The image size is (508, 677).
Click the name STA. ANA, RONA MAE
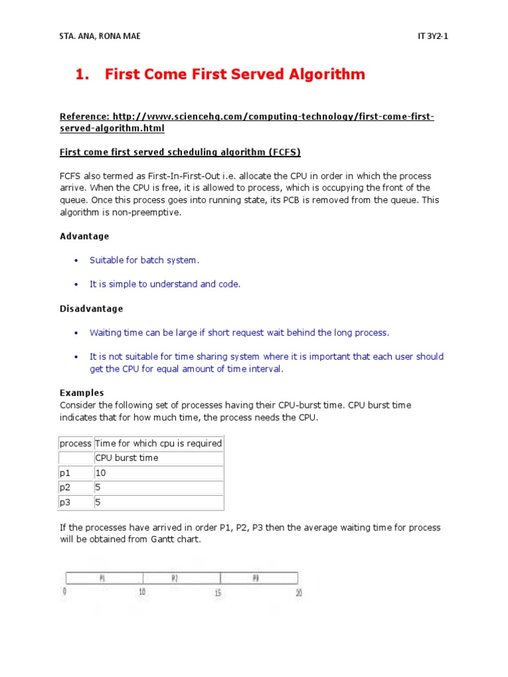tap(100, 36)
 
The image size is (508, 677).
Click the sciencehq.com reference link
tap(247, 123)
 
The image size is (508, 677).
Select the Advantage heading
tap(85, 236)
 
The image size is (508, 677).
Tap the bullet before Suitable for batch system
tap(75, 260)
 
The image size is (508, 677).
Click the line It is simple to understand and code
tap(165, 284)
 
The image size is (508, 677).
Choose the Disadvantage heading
tap(91, 309)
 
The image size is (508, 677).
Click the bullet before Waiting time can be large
tap(75, 333)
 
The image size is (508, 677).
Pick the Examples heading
tap(82, 393)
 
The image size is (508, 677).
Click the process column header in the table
tap(75, 443)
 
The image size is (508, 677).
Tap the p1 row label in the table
tap(65, 473)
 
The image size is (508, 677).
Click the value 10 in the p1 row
tap(101, 473)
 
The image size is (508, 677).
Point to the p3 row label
tap(65, 502)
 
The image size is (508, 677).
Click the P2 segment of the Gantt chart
tap(175, 578)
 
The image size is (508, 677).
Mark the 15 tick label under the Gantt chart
tap(218, 594)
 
